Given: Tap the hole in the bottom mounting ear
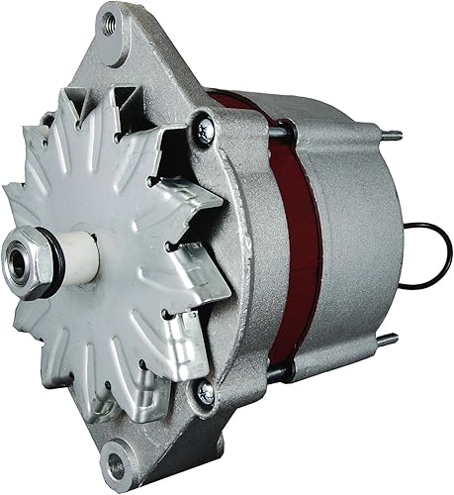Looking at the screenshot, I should [x=120, y=463].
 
